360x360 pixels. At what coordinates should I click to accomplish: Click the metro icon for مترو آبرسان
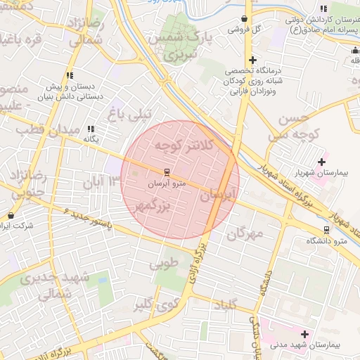coord(167,172)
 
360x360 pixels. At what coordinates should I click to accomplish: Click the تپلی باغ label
coord(127,111)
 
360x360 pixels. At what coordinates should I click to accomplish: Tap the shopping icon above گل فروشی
coord(245,19)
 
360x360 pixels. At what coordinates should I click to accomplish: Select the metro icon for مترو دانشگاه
coord(326,230)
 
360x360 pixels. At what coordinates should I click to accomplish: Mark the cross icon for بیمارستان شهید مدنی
coord(304,334)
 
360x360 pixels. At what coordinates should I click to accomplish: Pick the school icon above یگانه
coord(91,129)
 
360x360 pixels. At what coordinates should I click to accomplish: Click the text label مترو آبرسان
coord(166,184)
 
